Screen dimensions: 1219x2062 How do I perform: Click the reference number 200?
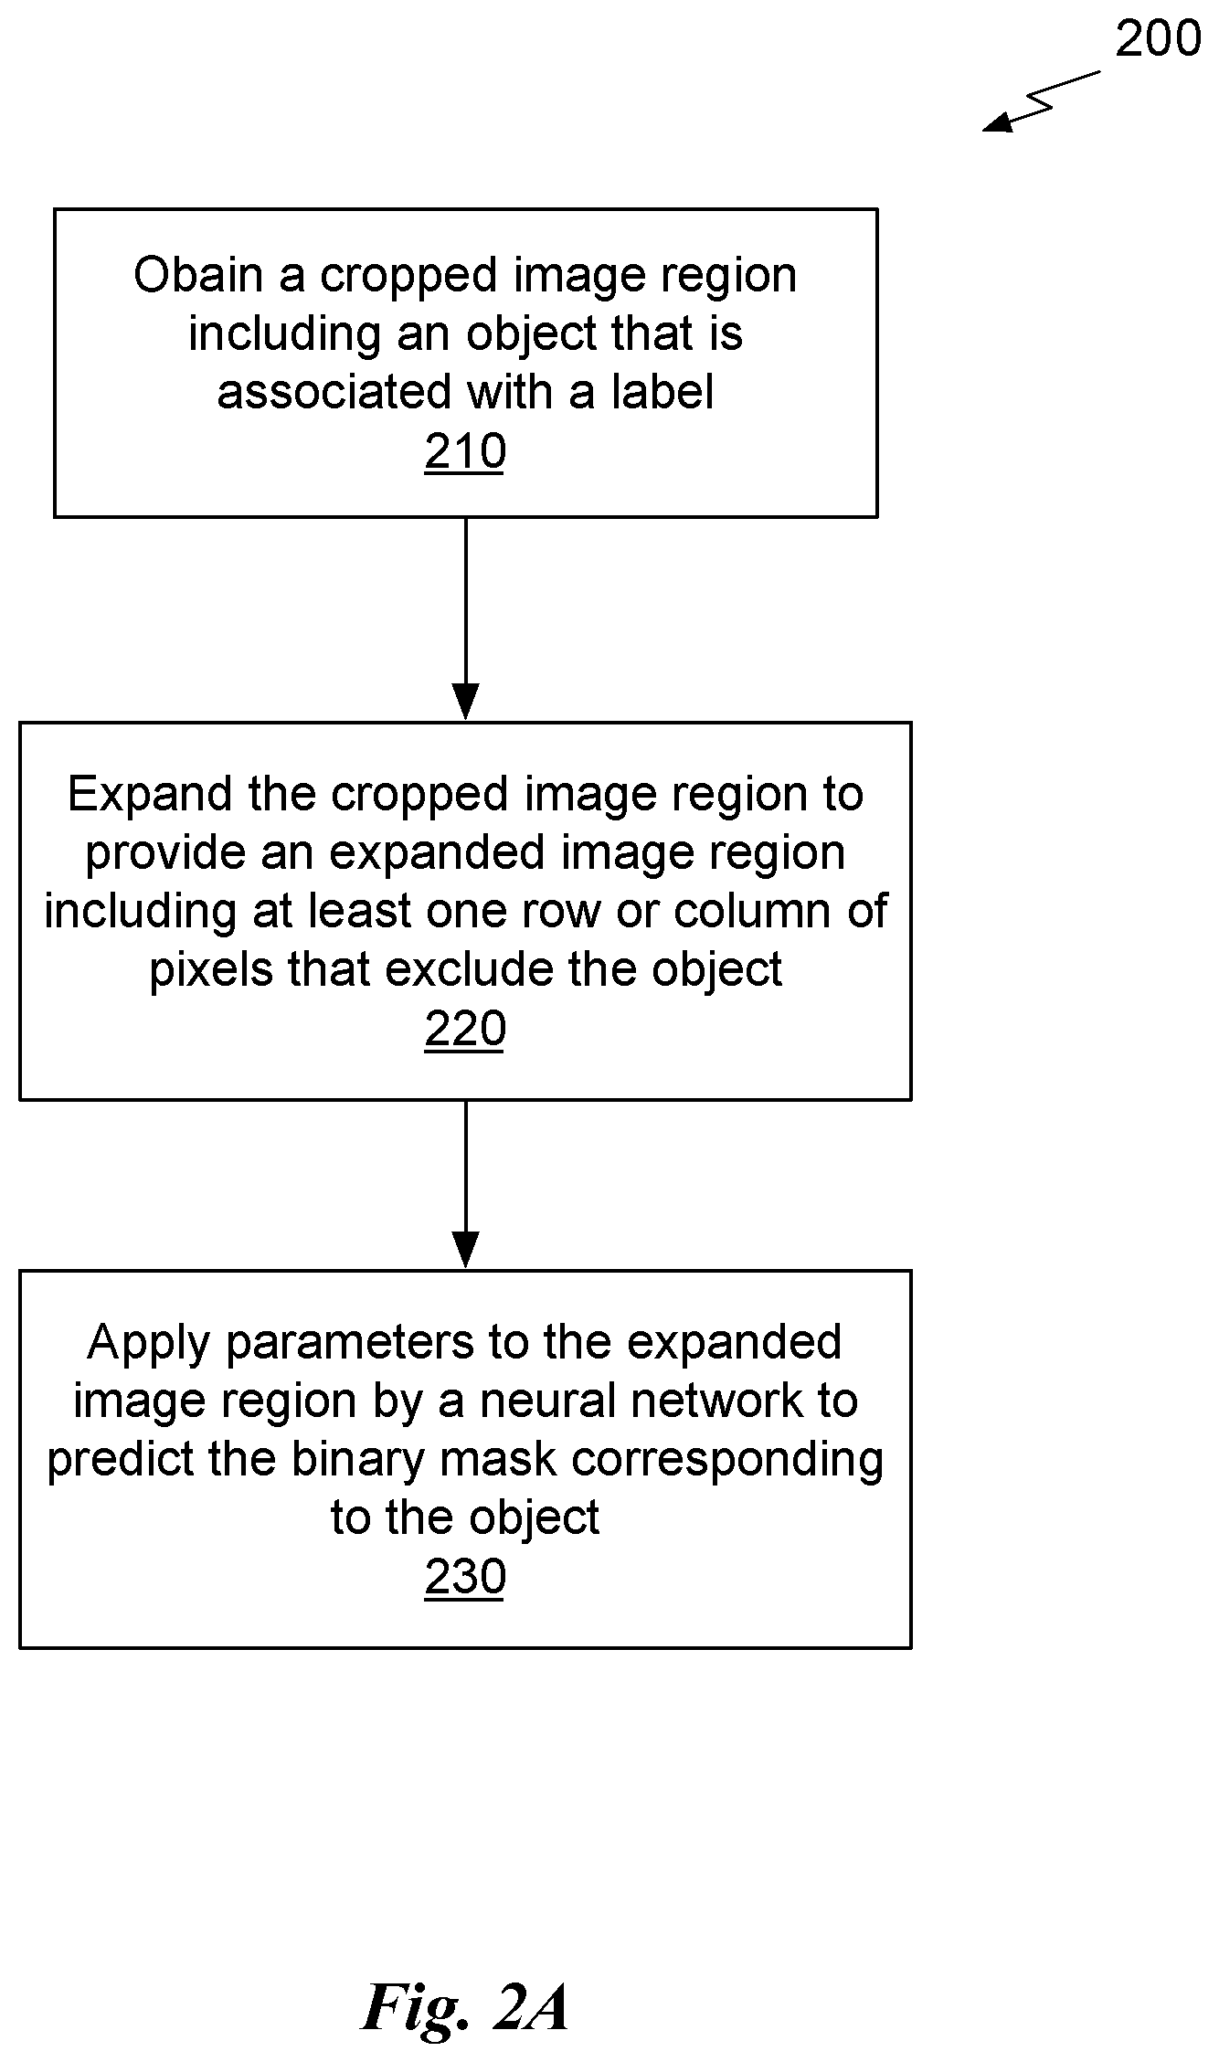click(x=1158, y=39)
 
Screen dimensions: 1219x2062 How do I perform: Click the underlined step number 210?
click(x=465, y=452)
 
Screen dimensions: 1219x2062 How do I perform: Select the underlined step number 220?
click(x=465, y=1030)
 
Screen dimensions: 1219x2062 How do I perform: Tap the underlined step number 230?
click(x=465, y=1578)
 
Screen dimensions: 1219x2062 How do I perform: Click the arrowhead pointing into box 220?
click(x=465, y=702)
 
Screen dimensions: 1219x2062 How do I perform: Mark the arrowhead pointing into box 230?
click(x=465, y=1250)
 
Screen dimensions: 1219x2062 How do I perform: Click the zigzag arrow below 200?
click(x=1042, y=102)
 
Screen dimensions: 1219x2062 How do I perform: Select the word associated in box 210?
click(x=334, y=392)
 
